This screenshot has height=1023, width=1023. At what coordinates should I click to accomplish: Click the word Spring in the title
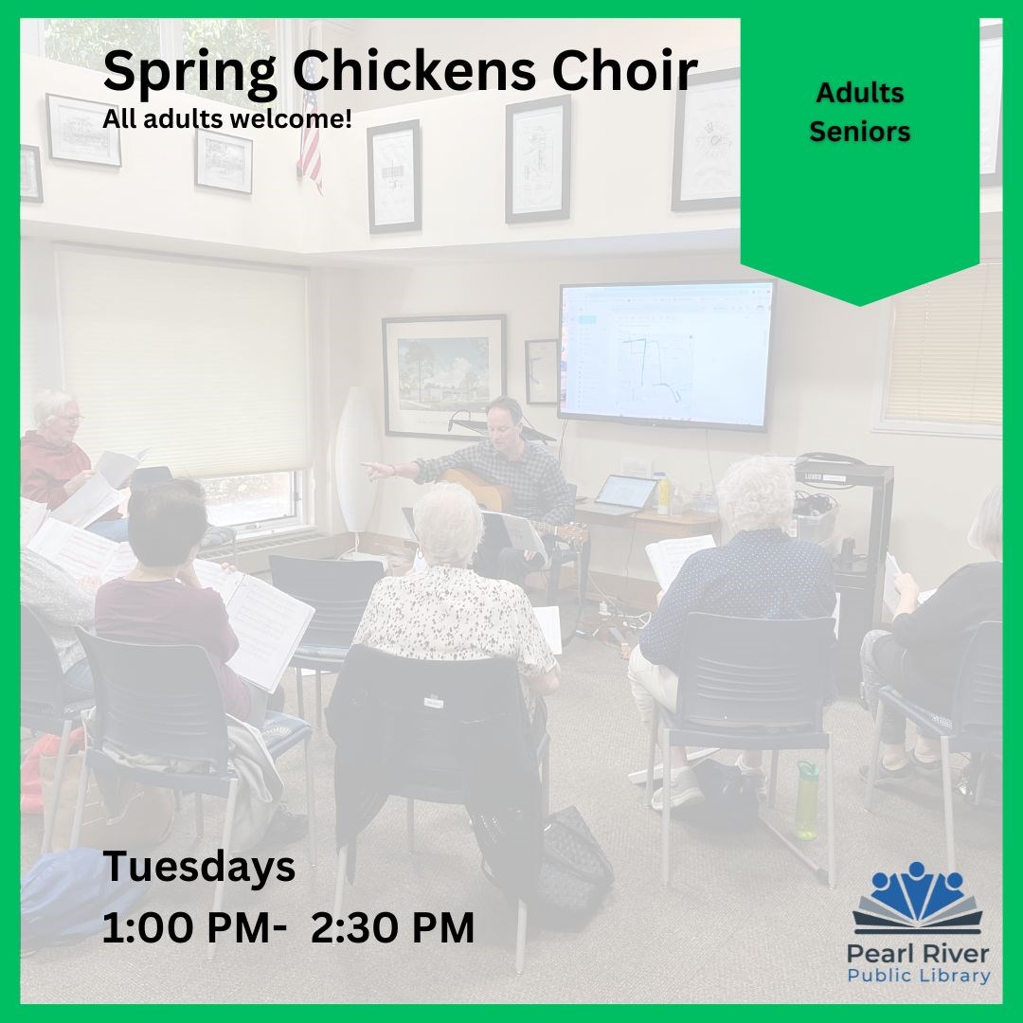click(189, 73)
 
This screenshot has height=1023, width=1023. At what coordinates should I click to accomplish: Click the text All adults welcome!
click(227, 118)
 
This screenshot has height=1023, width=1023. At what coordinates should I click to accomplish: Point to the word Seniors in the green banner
click(859, 131)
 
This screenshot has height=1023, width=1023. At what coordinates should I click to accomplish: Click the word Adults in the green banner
click(859, 93)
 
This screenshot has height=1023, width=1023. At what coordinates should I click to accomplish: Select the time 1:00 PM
click(187, 927)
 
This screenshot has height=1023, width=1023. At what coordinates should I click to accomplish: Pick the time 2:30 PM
click(392, 927)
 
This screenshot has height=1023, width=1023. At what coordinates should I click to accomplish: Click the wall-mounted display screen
click(666, 355)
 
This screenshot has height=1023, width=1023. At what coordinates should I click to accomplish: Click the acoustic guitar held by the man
click(502, 502)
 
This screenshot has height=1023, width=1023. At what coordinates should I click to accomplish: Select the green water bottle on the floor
click(807, 800)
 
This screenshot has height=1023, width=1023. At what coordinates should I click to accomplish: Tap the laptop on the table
click(624, 494)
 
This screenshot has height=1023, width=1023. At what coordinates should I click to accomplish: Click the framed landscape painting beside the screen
click(444, 376)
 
